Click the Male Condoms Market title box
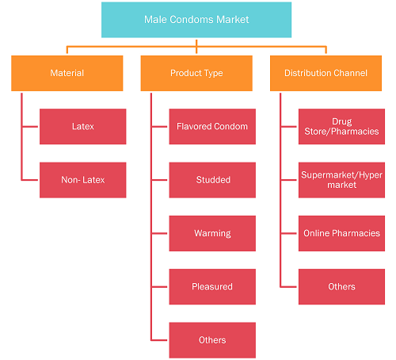click(x=196, y=20)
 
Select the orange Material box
click(x=67, y=73)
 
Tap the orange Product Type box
click(x=196, y=73)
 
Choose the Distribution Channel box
click(x=326, y=73)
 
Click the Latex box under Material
click(x=83, y=127)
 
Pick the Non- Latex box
click(x=83, y=180)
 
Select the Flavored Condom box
click(x=212, y=127)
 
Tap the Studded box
click(x=212, y=180)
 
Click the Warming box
click(x=212, y=233)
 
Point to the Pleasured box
click(x=212, y=287)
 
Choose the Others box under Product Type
click(x=212, y=340)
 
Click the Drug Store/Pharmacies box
click(x=341, y=127)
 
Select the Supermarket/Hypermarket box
click(x=341, y=180)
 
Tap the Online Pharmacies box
click(x=341, y=233)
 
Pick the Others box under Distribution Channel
click(x=341, y=287)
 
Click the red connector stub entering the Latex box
click(x=30, y=127)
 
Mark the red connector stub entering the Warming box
click(x=159, y=233)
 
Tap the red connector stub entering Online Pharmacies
click(x=289, y=233)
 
